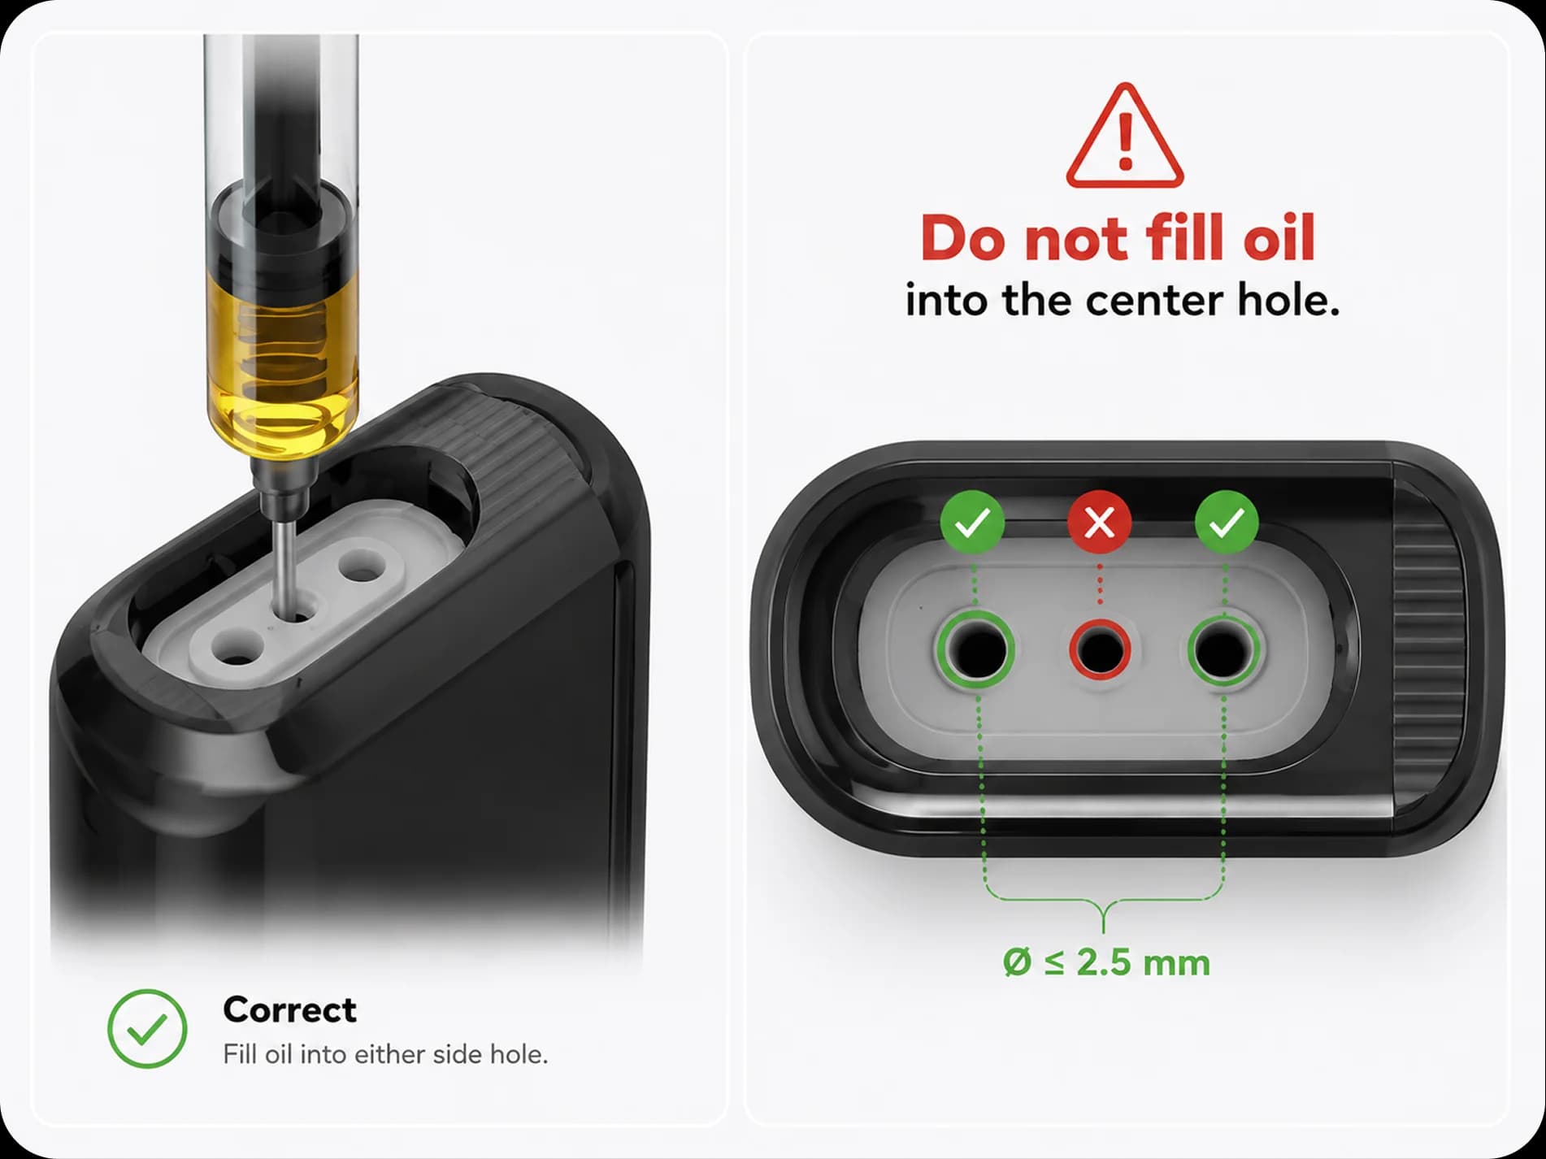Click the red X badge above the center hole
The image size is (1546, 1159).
pos(1100,523)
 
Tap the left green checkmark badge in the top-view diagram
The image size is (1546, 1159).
pos(972,523)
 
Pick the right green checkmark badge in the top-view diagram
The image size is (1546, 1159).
pos(1227,523)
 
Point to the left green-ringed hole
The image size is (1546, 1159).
pos(975,649)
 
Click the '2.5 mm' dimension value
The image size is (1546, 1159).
pos(1144,963)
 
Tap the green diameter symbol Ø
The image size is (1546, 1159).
pos(1018,963)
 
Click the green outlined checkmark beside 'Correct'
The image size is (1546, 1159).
pos(147,1028)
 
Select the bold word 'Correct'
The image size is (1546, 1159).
pos(289,1010)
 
